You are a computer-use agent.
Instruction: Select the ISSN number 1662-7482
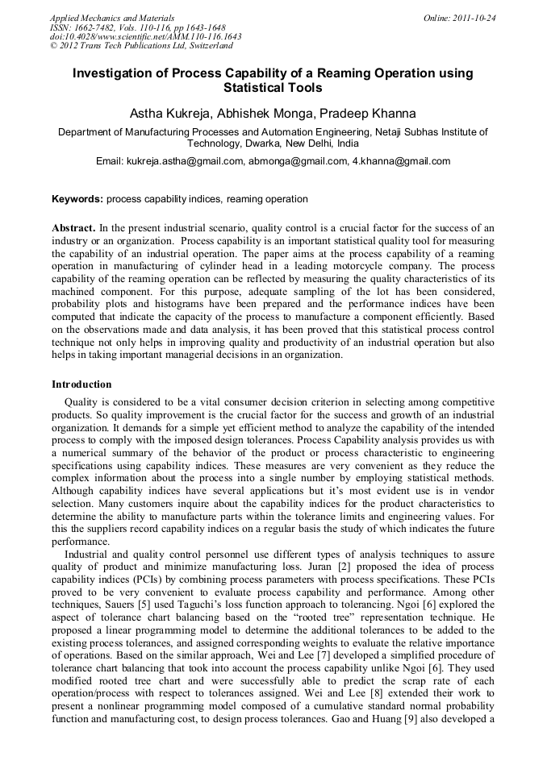coord(96,27)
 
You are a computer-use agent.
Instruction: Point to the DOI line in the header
coord(145,36)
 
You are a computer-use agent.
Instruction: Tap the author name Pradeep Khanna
coord(374,113)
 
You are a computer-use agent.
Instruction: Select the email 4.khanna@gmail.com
coord(401,161)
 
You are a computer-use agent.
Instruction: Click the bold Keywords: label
coord(77,199)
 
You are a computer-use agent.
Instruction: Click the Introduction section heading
coord(81,384)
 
